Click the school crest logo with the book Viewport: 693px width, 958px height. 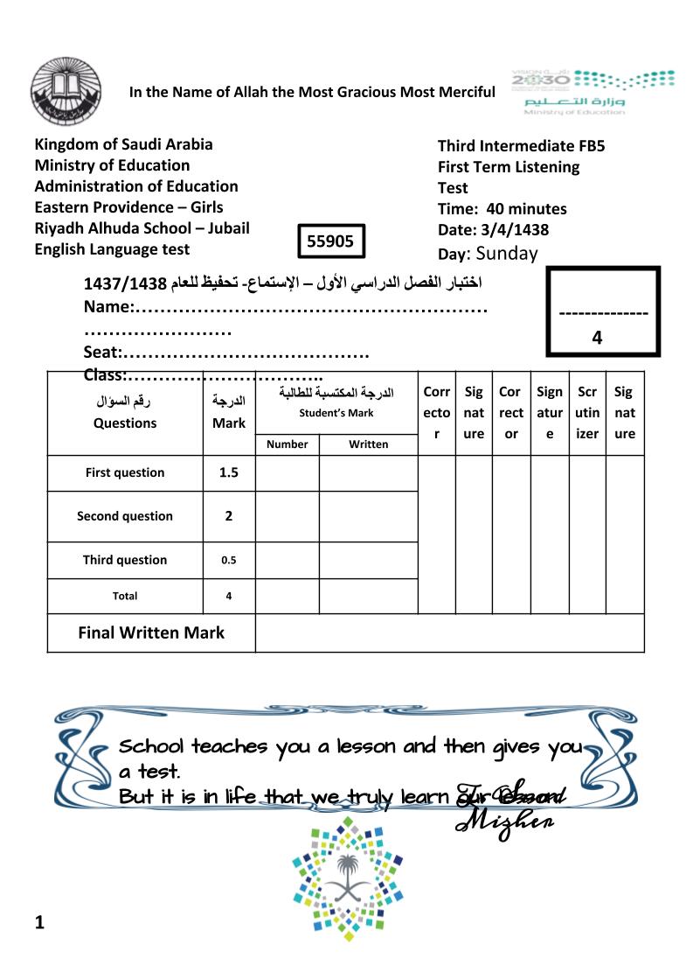(59, 92)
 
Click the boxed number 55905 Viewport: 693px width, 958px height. (331, 241)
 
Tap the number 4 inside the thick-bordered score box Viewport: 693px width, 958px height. (597, 337)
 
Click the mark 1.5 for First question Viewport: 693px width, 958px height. (228, 472)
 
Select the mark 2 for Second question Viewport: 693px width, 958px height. (228, 516)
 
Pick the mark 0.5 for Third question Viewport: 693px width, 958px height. (228, 560)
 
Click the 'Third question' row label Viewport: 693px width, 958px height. (125, 560)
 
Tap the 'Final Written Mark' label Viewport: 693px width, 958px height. (151, 633)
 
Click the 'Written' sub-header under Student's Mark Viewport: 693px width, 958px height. (368, 444)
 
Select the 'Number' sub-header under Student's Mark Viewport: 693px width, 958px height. (287, 444)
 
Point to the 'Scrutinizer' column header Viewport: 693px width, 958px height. (587, 413)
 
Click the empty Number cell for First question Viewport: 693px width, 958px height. (287, 472)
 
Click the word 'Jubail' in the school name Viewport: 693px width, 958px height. (222, 228)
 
